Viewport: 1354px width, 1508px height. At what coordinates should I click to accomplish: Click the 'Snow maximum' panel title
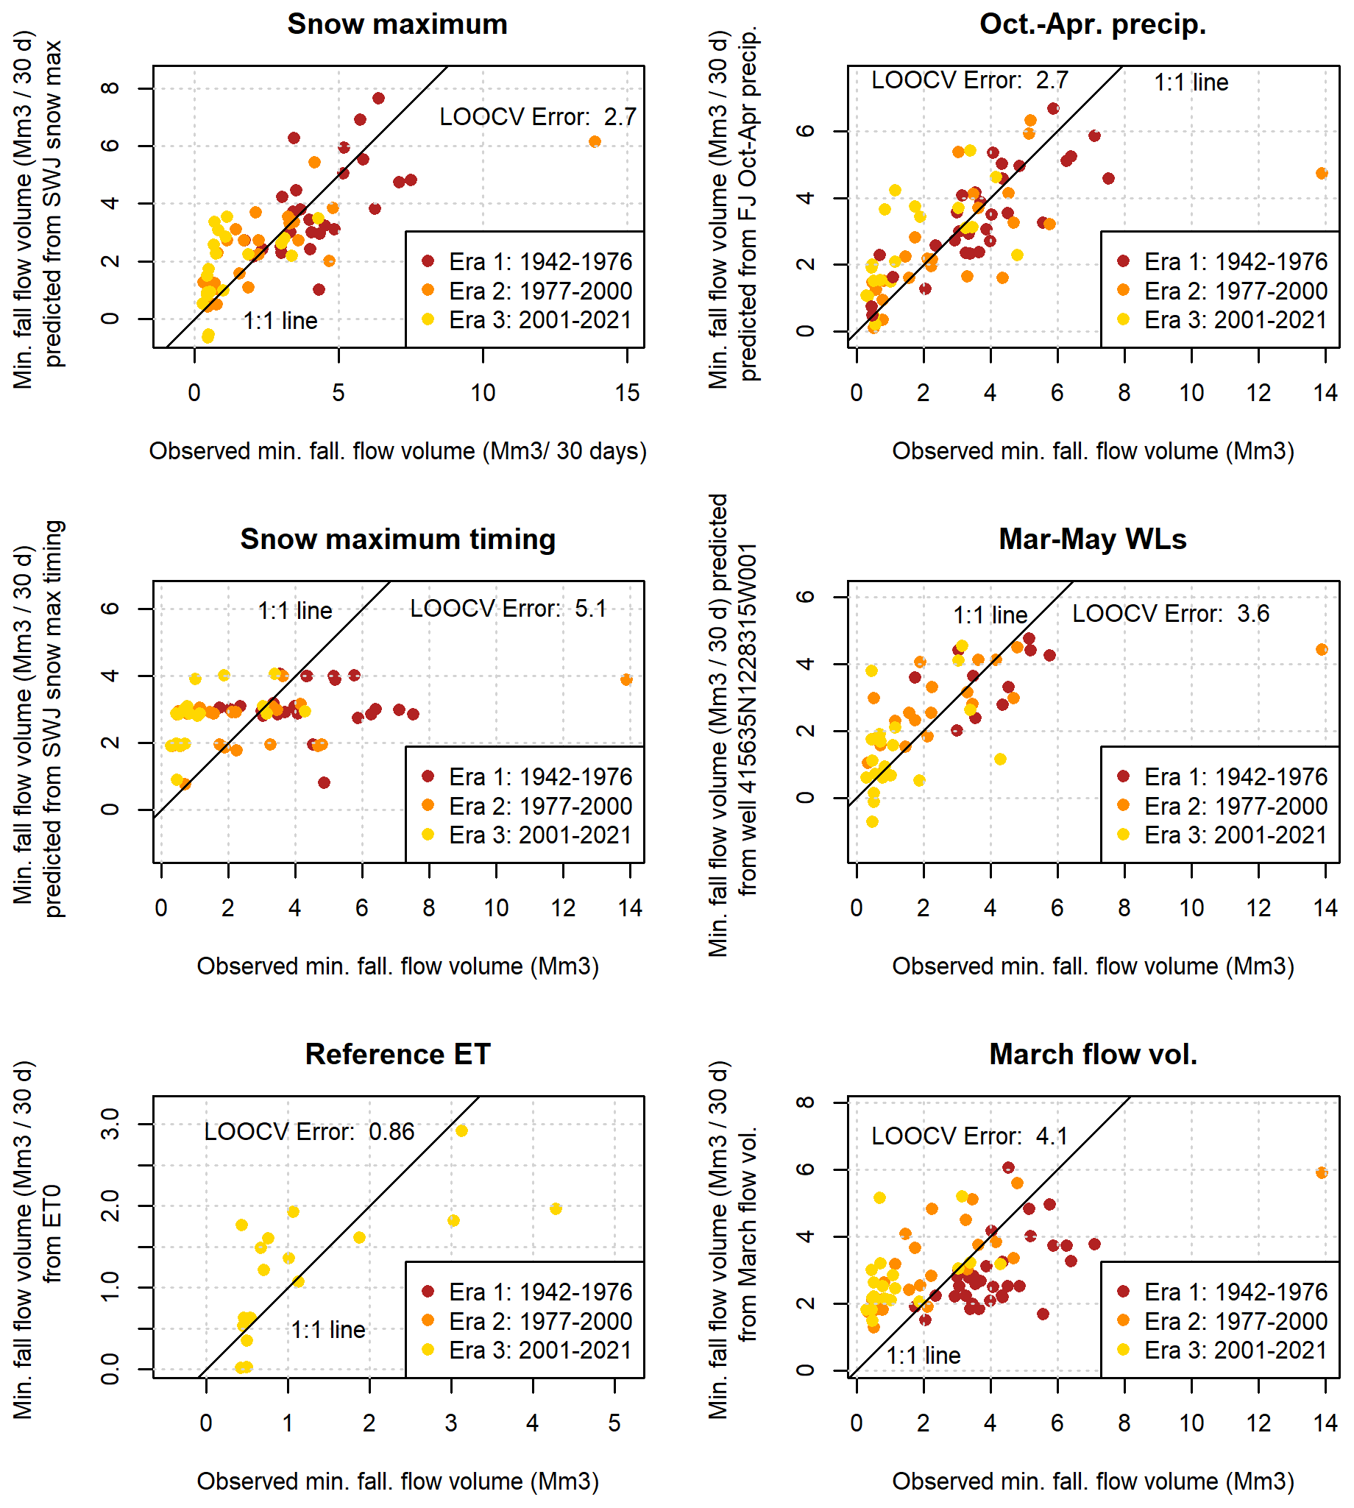click(x=397, y=24)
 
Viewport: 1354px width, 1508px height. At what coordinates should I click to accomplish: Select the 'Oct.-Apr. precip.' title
click(x=1092, y=24)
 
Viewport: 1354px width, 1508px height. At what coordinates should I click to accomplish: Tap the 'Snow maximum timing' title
click(x=397, y=539)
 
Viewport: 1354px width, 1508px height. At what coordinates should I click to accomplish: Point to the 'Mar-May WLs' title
click(x=1092, y=539)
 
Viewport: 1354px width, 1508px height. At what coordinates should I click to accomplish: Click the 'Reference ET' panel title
click(x=397, y=1054)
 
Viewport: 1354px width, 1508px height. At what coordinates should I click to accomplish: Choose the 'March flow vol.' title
click(x=1092, y=1054)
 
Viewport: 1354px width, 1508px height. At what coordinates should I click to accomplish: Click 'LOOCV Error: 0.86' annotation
click(x=309, y=1132)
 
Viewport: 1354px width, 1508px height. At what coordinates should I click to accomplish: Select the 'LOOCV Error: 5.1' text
click(x=508, y=609)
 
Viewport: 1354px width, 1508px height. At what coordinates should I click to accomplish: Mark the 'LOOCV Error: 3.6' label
click(x=1170, y=614)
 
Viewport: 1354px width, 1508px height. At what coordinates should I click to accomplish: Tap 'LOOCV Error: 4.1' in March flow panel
click(x=969, y=1136)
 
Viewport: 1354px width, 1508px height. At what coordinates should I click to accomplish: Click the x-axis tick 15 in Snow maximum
click(x=627, y=393)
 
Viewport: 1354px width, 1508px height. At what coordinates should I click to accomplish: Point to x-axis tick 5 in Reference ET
click(x=614, y=1423)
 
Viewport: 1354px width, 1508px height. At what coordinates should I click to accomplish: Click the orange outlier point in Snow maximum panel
click(x=595, y=142)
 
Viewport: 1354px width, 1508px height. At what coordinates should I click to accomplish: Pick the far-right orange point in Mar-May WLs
click(x=1322, y=649)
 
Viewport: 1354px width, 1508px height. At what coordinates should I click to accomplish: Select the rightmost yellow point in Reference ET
click(x=556, y=1209)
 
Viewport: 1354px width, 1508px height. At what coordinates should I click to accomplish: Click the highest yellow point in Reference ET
click(x=461, y=1130)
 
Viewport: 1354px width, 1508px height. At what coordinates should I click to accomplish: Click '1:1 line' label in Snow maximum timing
click(x=294, y=611)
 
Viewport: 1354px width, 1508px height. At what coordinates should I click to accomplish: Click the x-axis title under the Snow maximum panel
click(x=397, y=451)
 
